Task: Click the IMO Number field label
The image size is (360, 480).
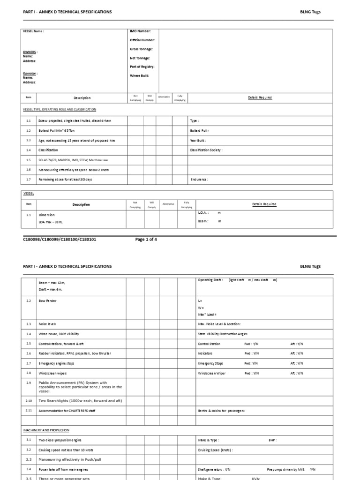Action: click(x=140, y=31)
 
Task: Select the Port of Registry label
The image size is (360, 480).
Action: click(x=142, y=67)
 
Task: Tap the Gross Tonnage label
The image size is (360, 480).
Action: click(x=141, y=49)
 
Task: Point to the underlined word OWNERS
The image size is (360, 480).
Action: click(x=30, y=52)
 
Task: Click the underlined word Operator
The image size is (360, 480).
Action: click(x=30, y=74)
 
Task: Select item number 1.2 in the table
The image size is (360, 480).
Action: click(x=28, y=131)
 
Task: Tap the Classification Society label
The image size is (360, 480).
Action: click(x=206, y=150)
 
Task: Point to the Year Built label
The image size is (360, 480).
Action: click(x=198, y=140)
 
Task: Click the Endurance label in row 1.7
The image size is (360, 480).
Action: click(x=199, y=180)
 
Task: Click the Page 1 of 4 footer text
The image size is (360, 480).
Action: click(x=146, y=239)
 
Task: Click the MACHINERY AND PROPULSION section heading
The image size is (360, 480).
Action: click(x=46, y=430)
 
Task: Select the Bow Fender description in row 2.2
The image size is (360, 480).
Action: click(x=47, y=300)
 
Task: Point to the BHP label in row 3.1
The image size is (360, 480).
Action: click(x=272, y=440)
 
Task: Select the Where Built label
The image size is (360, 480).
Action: click(x=139, y=75)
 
